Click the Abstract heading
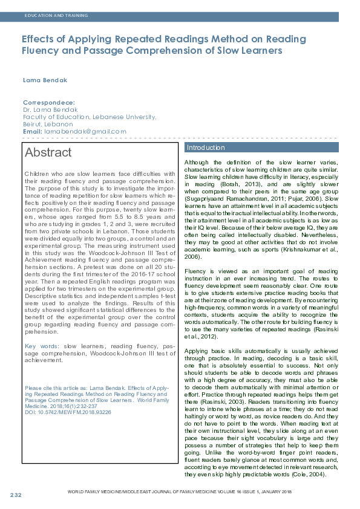[x=48, y=152]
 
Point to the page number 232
[x=16, y=496]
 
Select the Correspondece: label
[x=48, y=103]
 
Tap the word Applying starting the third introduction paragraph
[x=198, y=351]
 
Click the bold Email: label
[x=32, y=131]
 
